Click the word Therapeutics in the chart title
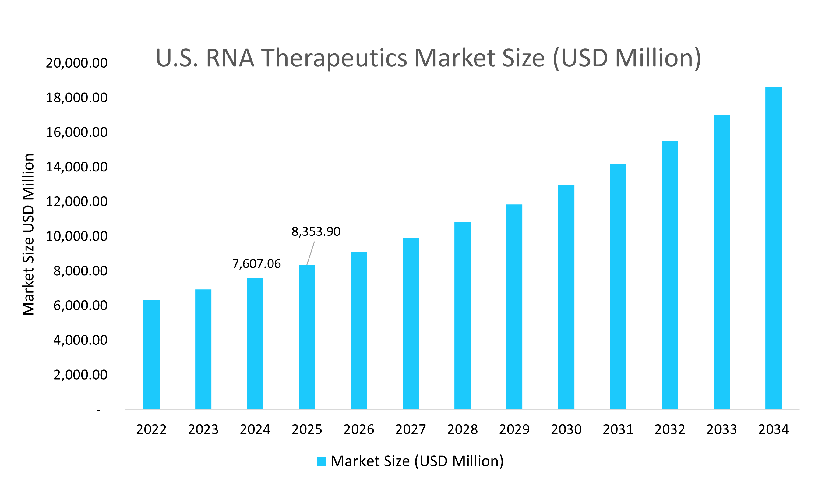point(334,58)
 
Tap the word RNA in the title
point(230,58)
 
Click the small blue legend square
point(321,461)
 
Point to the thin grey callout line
point(311,253)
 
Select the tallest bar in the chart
point(773,248)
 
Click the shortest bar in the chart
point(152,355)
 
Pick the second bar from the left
point(203,349)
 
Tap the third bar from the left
point(255,344)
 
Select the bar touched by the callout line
point(307,337)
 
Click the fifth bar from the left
point(359,330)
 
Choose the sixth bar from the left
point(411,323)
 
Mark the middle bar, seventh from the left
point(463,315)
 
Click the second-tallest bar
point(722,262)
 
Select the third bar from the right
point(670,275)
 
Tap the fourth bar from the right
point(618,287)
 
